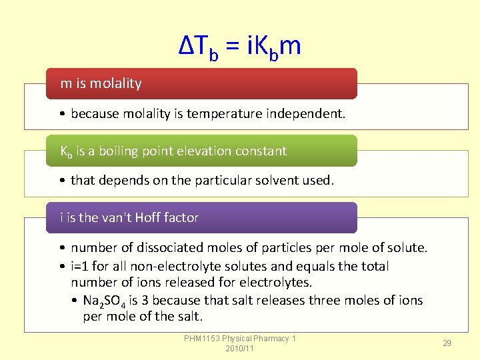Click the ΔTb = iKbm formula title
[240, 46]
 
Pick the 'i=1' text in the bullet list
[81, 266]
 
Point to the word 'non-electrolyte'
[174, 266]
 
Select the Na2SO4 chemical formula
[107, 301]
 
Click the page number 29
[447, 343]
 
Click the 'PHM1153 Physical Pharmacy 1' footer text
[240, 339]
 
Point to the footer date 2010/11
[240, 349]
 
